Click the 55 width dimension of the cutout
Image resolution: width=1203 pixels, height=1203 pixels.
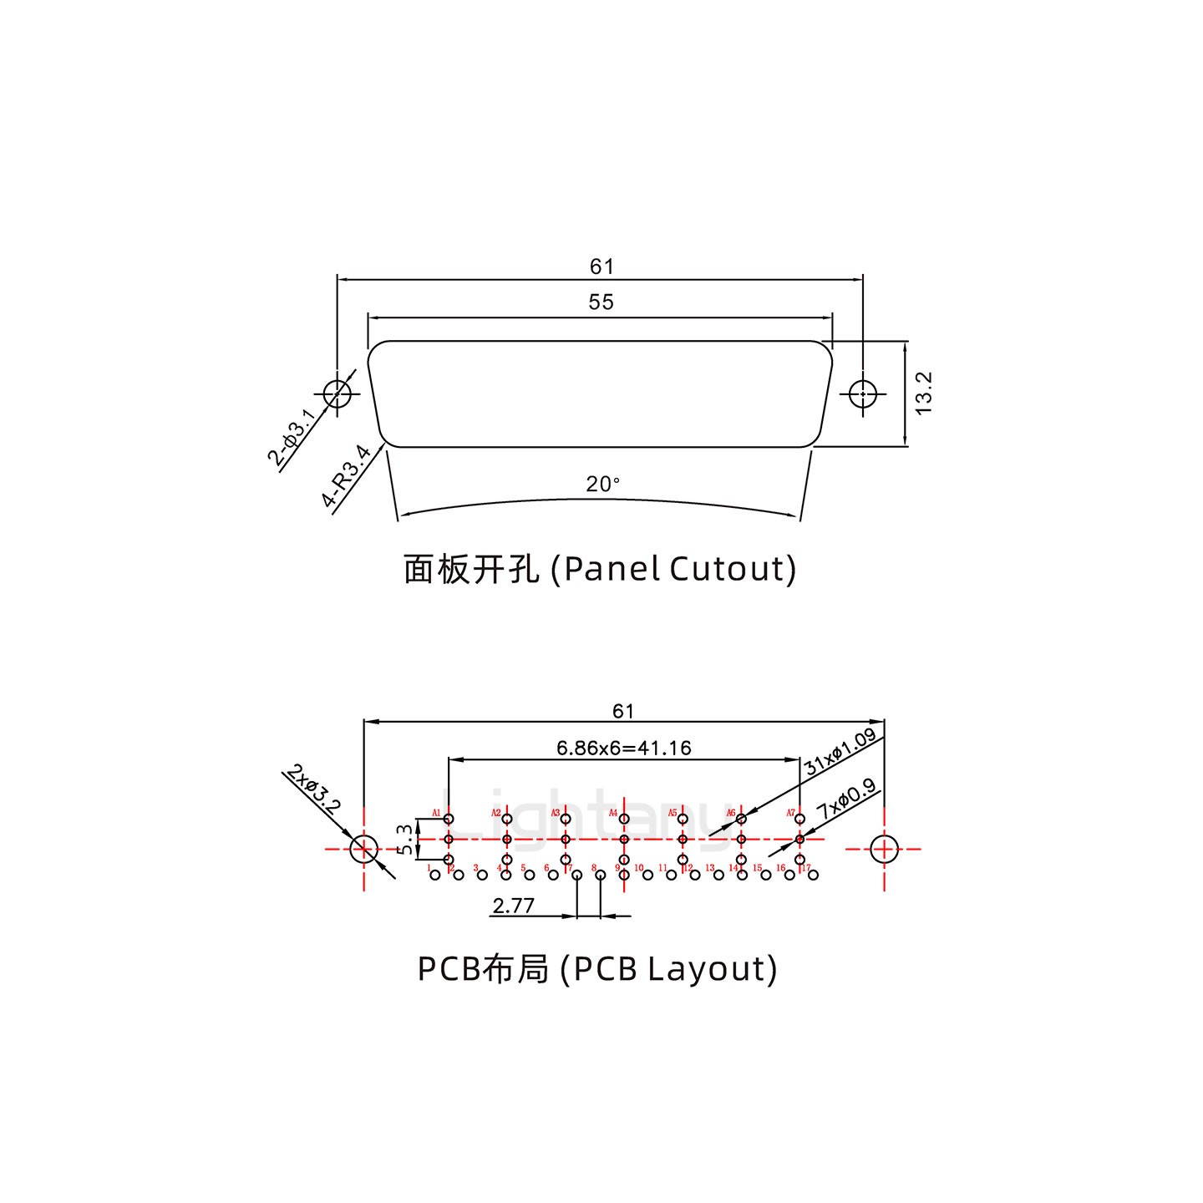(601, 302)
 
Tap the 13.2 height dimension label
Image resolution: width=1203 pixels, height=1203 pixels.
(924, 393)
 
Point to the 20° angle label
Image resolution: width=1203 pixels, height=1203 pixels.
(602, 484)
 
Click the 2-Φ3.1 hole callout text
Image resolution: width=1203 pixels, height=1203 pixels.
(292, 437)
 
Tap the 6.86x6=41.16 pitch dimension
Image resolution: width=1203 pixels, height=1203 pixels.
(624, 748)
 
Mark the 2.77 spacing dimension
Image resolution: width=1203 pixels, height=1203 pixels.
(514, 906)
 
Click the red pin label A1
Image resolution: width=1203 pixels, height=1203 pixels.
(436, 813)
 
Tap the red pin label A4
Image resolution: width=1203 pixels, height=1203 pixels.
(612, 813)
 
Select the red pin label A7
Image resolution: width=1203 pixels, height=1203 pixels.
(790, 813)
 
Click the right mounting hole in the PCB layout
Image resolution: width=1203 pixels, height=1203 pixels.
(884, 849)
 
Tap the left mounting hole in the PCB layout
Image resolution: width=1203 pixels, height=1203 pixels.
(363, 849)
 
